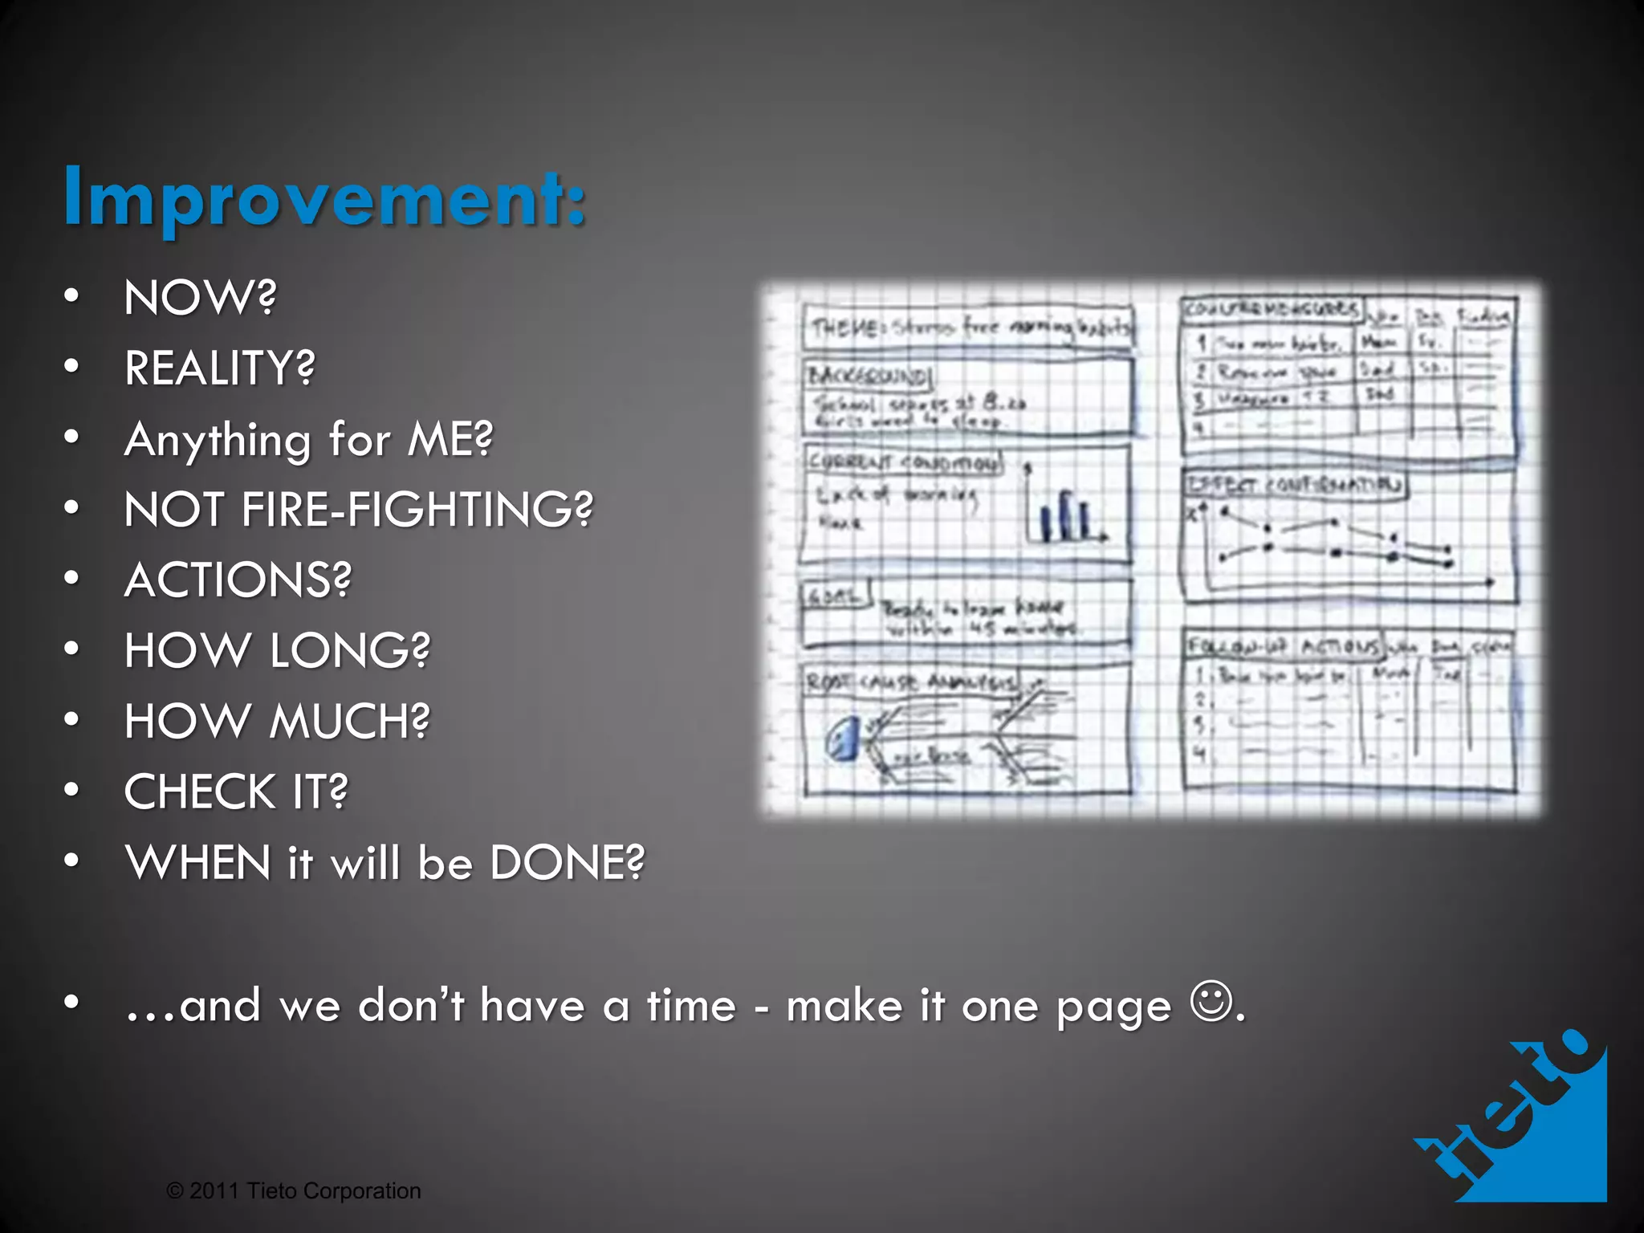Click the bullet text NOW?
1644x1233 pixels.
click(200, 298)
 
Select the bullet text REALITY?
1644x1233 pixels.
click(220, 368)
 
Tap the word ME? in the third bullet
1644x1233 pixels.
click(450, 439)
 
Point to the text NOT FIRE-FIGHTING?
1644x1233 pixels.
click(358, 510)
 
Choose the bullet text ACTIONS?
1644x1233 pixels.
click(238, 580)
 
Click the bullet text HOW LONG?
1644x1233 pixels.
click(277, 650)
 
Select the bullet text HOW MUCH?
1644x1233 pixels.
click(277, 721)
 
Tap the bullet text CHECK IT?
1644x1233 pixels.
click(236, 791)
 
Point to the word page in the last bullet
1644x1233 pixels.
click(1113, 1007)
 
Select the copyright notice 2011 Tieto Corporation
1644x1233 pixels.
click(294, 1190)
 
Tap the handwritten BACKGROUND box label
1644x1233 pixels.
click(867, 376)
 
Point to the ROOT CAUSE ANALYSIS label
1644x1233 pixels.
click(912, 682)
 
